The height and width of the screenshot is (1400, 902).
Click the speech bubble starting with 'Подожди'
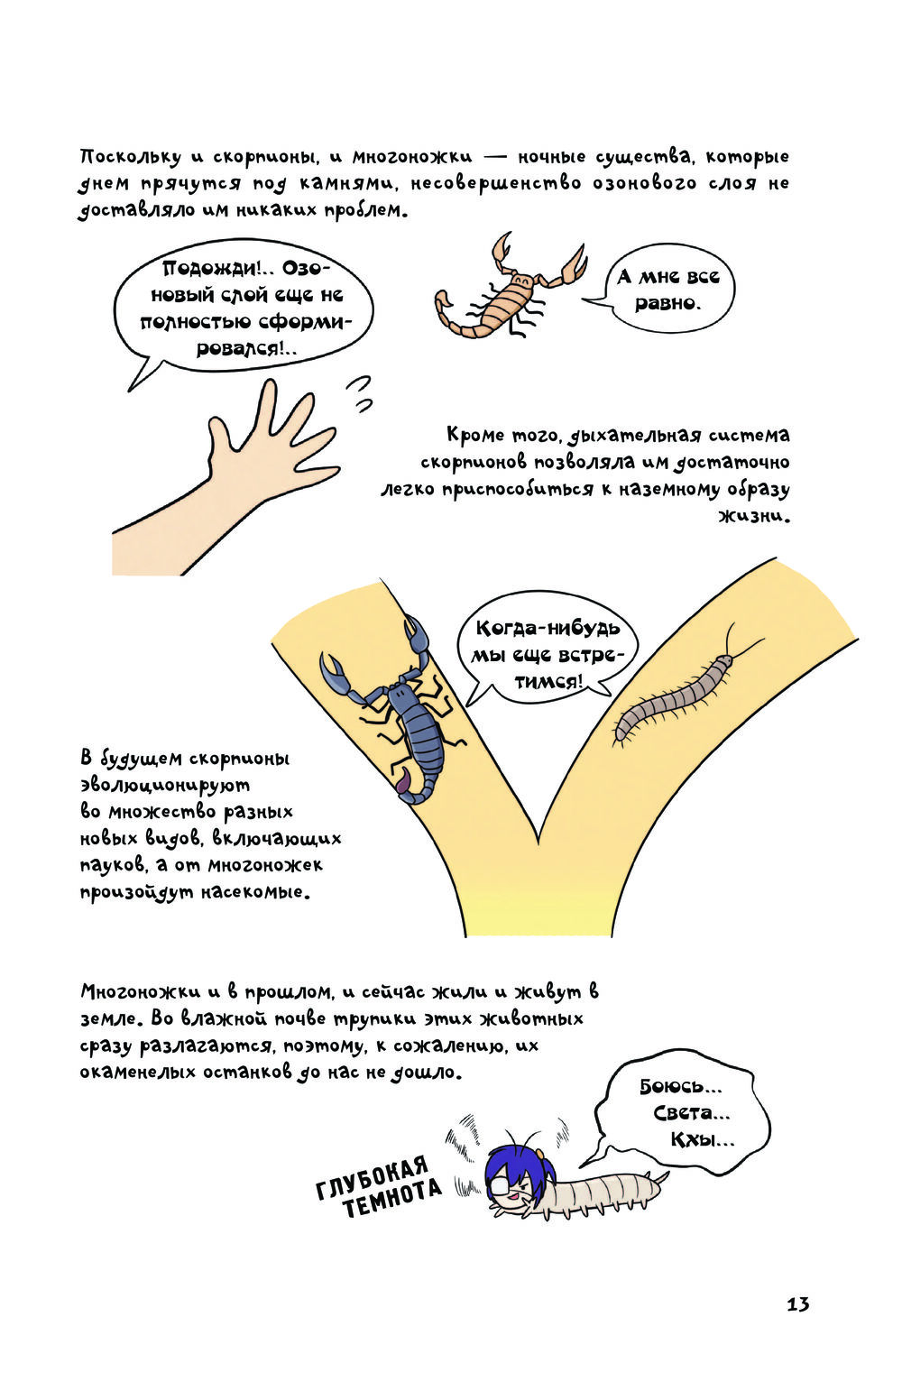pyautogui.click(x=244, y=310)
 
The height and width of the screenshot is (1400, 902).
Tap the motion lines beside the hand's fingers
pyautogui.click(x=362, y=394)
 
